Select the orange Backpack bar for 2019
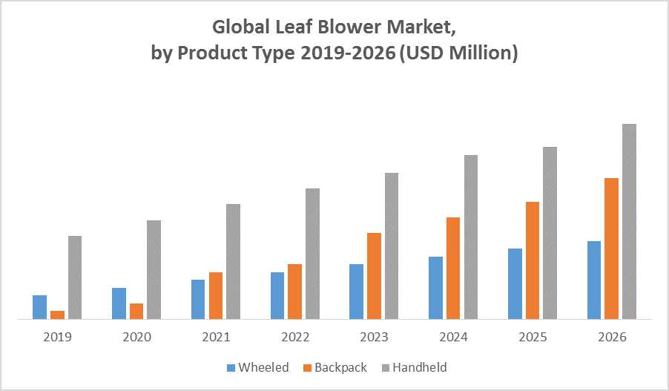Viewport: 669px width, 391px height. click(x=57, y=315)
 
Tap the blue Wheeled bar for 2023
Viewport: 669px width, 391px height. click(x=356, y=292)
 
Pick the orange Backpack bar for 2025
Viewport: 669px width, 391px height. click(x=533, y=260)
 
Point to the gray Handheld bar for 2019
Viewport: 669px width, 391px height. click(x=75, y=277)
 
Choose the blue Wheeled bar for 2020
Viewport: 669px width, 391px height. click(x=119, y=303)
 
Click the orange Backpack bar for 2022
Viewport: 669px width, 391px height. click(x=295, y=292)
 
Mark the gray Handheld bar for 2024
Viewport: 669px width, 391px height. click(x=471, y=237)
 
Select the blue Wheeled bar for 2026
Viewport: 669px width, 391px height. click(x=594, y=280)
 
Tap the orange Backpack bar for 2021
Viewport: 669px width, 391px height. click(x=216, y=295)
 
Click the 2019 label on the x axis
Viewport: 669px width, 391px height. click(x=57, y=337)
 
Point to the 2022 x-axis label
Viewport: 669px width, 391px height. click(x=295, y=337)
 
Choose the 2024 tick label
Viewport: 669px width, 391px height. click(x=454, y=337)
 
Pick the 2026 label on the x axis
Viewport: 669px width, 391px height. click(x=612, y=337)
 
